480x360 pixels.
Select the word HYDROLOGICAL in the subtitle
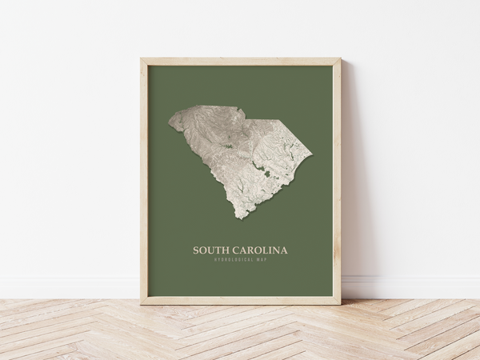(x=232, y=259)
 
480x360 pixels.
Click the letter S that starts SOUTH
(x=196, y=250)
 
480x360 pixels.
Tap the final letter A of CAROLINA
(x=284, y=250)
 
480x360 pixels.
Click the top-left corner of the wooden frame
(x=141, y=58)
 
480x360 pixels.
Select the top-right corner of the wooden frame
(x=340, y=58)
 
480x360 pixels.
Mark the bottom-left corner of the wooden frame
(x=141, y=304)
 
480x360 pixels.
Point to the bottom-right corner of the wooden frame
(x=340, y=304)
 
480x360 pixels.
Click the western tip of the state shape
(x=170, y=122)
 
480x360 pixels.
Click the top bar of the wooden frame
(x=240, y=62)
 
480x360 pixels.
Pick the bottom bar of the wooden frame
(x=240, y=301)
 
